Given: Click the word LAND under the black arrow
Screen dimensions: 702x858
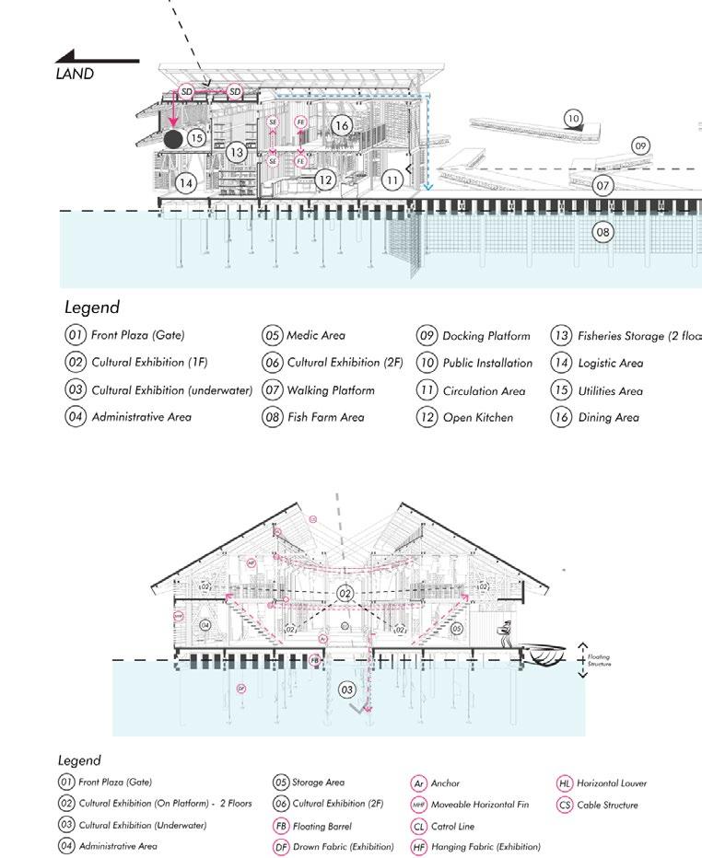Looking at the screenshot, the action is (x=75, y=74).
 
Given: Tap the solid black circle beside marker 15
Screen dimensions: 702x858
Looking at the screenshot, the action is (x=172, y=139).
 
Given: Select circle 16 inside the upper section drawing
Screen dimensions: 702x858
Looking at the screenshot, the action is (x=341, y=125).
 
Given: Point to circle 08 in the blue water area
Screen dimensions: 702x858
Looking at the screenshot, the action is (x=603, y=232).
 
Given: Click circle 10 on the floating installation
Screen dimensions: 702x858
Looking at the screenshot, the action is (x=573, y=118).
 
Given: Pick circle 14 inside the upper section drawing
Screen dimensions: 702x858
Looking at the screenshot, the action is (x=187, y=183).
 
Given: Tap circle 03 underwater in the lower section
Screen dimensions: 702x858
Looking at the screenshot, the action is (x=346, y=690).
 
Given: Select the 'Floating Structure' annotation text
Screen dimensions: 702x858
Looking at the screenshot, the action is (x=600, y=660).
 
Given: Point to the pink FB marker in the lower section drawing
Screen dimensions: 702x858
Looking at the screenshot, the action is (x=315, y=661).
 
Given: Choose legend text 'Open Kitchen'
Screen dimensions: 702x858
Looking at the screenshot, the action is (x=478, y=417).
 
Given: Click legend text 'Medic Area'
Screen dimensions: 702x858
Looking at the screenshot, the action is (x=316, y=335).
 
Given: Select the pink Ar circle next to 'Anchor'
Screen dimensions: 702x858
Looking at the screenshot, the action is (x=419, y=783).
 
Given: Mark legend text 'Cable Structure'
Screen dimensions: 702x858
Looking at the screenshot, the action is (x=610, y=806).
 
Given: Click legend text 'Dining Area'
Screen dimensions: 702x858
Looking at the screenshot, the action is (x=608, y=417).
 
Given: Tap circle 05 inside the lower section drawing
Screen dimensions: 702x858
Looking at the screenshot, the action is (x=457, y=628).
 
